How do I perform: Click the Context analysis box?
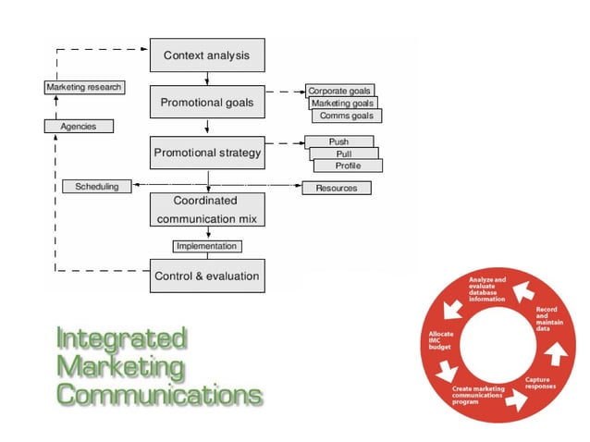coord(206,55)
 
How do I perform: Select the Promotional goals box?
coord(206,102)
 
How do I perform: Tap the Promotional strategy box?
coord(206,153)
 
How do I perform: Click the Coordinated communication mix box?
coord(206,210)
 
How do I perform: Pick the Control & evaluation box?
coord(206,276)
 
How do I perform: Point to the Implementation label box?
coord(207,246)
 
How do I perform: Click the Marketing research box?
coord(84,87)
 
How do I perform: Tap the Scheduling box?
coord(96,187)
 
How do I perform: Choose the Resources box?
coord(337,188)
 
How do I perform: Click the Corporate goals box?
coord(339,92)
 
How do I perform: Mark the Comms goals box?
coord(347,117)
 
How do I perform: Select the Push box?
coord(338,141)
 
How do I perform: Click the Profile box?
coord(348,166)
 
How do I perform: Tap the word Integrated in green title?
coord(121,339)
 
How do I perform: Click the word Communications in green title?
coord(158,395)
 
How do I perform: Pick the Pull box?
coord(343,153)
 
